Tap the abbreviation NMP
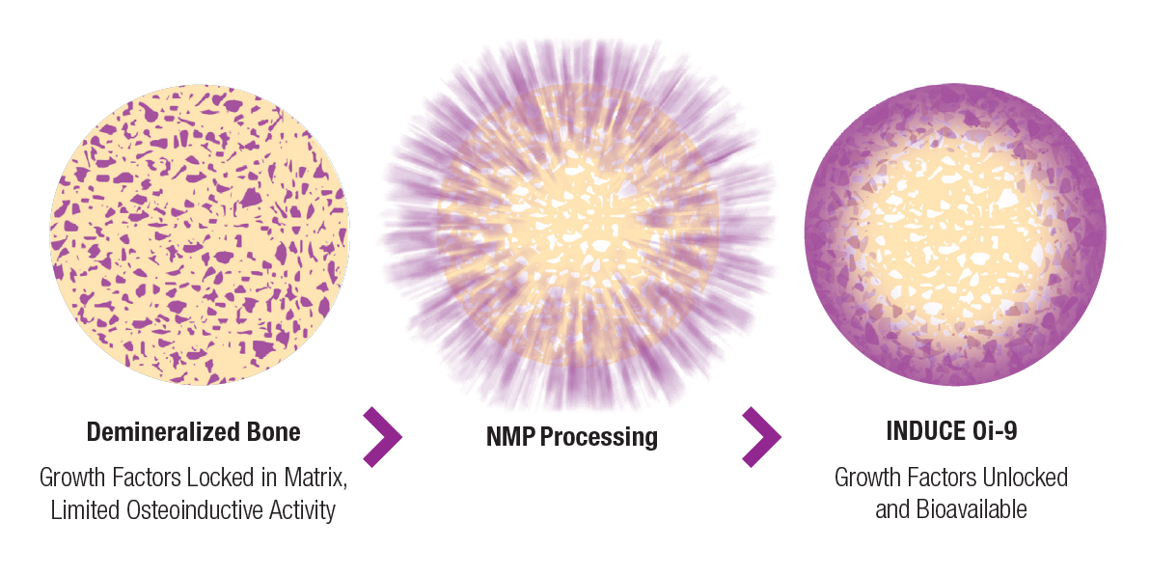(512, 436)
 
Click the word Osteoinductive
(191, 509)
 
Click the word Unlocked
(1021, 478)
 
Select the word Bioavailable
(972, 509)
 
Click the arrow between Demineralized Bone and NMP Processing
(383, 436)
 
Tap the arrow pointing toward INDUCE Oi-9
(761, 436)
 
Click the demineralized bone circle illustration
(200, 234)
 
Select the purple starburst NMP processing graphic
(578, 224)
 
